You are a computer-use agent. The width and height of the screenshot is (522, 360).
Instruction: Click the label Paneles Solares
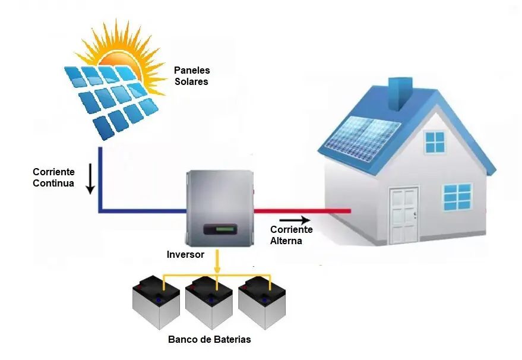point(191,76)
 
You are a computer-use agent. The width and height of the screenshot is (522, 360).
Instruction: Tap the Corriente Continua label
point(53,178)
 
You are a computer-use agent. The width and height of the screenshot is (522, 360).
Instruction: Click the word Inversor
point(185,254)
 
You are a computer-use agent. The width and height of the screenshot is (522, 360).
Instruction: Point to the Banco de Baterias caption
point(209,340)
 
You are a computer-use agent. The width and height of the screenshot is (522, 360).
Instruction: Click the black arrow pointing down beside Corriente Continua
point(90,181)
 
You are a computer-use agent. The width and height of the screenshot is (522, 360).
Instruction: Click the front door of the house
point(404,214)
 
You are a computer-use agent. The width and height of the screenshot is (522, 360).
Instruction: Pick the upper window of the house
point(435,142)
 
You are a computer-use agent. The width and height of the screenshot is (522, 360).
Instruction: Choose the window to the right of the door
point(457,197)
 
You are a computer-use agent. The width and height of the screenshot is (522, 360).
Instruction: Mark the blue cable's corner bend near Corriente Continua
point(101,210)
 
